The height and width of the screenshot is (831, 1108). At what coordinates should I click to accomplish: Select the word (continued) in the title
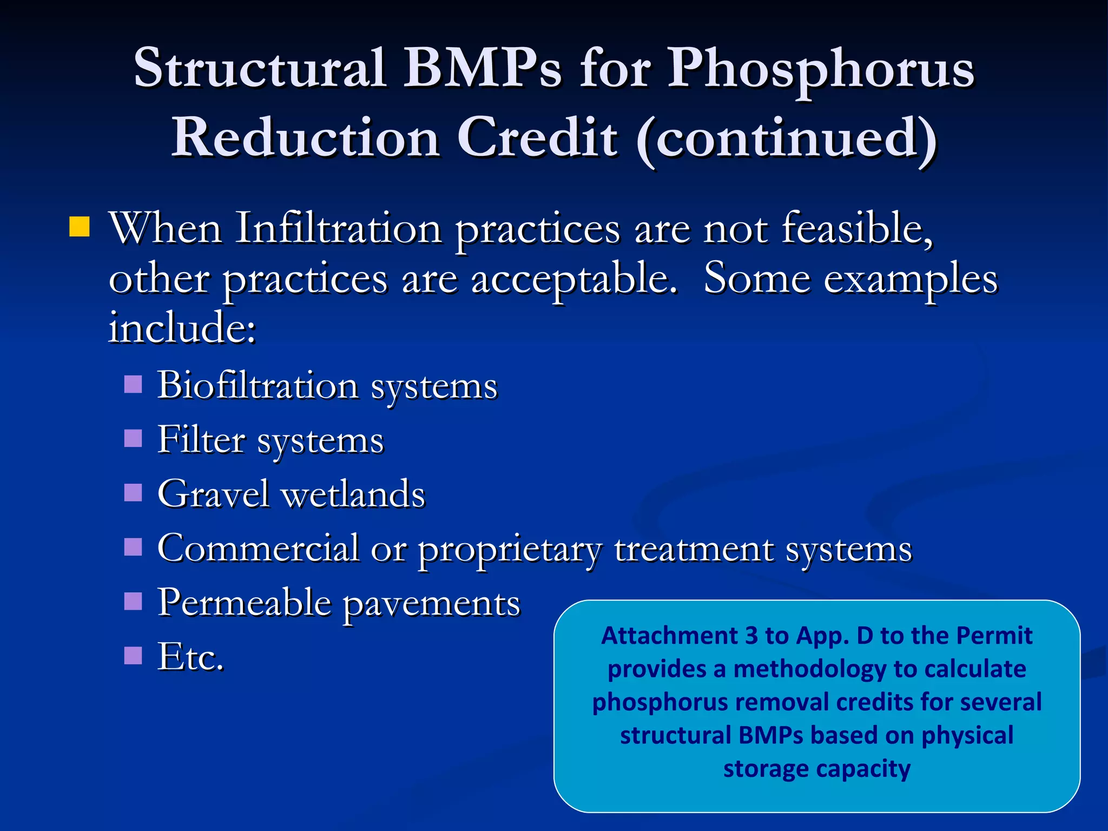787,139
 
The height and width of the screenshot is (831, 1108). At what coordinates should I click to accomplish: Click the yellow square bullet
80,227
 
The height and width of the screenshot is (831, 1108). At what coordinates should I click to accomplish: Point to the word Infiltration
338,229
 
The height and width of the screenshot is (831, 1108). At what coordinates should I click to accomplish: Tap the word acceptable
573,280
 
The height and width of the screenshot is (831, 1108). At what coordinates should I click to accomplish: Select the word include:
182,328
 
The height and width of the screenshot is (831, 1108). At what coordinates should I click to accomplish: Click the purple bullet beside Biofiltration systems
133,385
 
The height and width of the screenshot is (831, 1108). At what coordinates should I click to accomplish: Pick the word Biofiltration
258,386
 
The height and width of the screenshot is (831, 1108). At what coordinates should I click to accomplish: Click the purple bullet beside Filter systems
133,438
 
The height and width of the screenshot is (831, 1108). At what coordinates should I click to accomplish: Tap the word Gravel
213,494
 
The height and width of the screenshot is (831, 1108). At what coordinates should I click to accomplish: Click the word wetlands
354,494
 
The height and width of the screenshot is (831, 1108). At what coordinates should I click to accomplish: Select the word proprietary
510,550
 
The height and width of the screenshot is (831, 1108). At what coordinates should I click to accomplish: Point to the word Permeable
244,603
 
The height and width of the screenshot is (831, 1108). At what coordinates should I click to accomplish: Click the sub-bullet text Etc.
190,657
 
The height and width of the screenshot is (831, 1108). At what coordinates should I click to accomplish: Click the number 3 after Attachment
751,636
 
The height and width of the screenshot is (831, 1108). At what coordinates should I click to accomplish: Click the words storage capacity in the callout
816,769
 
